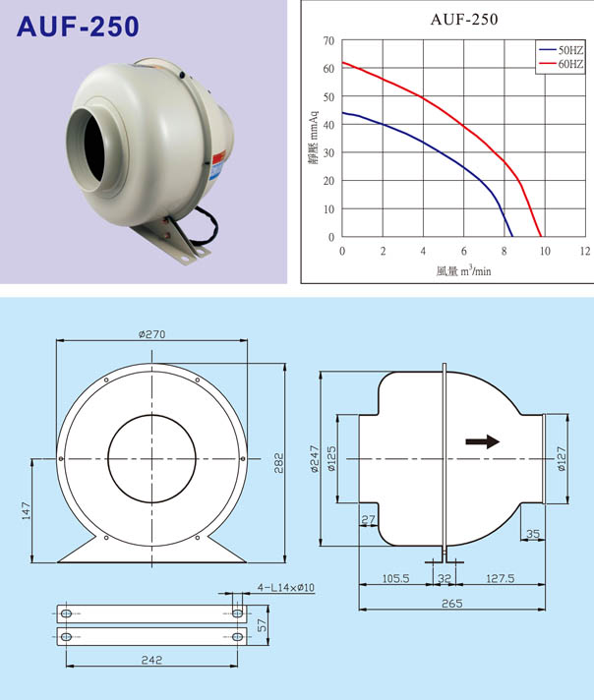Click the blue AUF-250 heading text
[78, 27]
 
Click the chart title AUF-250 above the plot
[464, 20]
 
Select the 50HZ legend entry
[562, 50]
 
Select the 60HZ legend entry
[562, 64]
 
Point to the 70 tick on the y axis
[328, 40]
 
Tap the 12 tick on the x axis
[585, 251]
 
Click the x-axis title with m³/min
[463, 270]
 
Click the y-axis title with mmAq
[314, 137]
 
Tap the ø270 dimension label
[151, 334]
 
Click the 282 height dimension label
[278, 463]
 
